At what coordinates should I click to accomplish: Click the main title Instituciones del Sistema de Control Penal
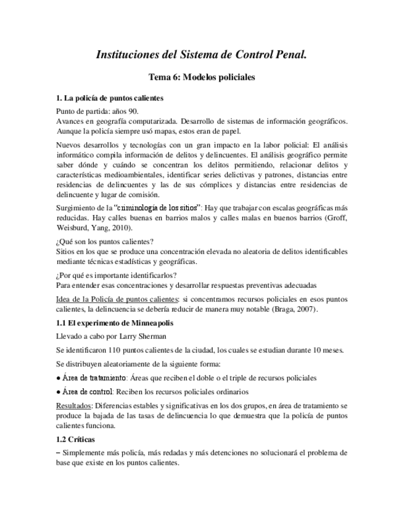point(202,55)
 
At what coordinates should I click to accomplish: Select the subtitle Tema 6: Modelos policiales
point(202,78)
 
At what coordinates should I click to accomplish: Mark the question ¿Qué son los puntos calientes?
point(104,241)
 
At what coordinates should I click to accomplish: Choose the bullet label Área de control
point(87,392)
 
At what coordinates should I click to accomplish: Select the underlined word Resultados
point(75,405)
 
